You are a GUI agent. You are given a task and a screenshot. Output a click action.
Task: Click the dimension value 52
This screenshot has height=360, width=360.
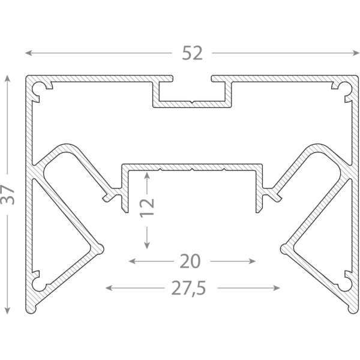coord(193,53)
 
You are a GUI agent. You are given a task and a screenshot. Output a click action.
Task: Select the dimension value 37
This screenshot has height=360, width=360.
coord(7,194)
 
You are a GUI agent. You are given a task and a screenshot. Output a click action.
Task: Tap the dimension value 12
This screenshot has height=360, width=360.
coord(147,208)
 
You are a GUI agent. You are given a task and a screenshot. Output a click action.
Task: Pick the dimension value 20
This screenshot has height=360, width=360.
coord(190,261)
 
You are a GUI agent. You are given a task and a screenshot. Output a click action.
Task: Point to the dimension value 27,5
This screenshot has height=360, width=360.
coord(188,288)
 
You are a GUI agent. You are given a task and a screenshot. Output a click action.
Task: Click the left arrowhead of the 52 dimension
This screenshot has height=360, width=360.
coord(28,53)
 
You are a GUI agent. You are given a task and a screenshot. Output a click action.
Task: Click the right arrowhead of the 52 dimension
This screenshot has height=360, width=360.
coord(356,53)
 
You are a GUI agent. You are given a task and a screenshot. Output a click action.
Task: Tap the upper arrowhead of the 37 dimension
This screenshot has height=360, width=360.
coord(7,79)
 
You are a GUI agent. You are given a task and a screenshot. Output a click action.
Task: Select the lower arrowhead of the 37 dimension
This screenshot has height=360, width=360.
coord(7,310)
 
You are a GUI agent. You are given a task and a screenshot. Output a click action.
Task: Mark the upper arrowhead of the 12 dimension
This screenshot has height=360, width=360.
coord(147,175)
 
